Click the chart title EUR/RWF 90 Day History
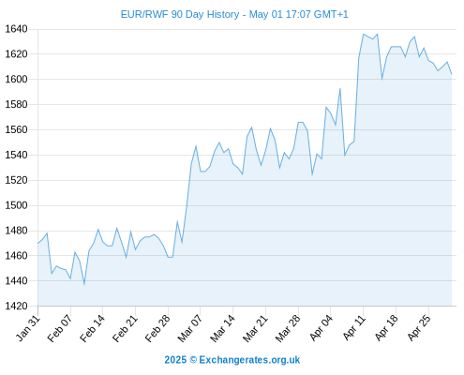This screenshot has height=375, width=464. (x=180, y=14)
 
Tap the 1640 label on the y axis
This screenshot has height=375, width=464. (x=17, y=29)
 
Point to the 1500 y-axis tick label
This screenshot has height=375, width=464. (x=17, y=205)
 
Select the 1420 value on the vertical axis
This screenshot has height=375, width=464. (x=17, y=306)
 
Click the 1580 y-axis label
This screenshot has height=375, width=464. (x=17, y=104)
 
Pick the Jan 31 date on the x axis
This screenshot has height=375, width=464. (x=28, y=328)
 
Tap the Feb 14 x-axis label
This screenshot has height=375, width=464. (x=92, y=328)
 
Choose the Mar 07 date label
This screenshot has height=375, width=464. (x=190, y=328)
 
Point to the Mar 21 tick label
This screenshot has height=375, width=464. (x=255, y=328)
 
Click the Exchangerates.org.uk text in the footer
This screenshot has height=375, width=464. (x=249, y=360)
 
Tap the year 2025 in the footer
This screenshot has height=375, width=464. (x=175, y=360)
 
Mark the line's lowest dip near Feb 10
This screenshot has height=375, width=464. (x=84, y=284)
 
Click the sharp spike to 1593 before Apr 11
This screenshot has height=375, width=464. (x=340, y=89)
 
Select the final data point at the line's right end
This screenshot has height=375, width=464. (x=452, y=74)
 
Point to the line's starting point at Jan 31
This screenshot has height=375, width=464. (x=38, y=243)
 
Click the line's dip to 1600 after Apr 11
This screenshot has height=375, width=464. (x=382, y=80)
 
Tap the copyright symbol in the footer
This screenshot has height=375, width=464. (x=193, y=360)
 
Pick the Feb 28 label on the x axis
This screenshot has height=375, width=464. (x=157, y=328)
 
